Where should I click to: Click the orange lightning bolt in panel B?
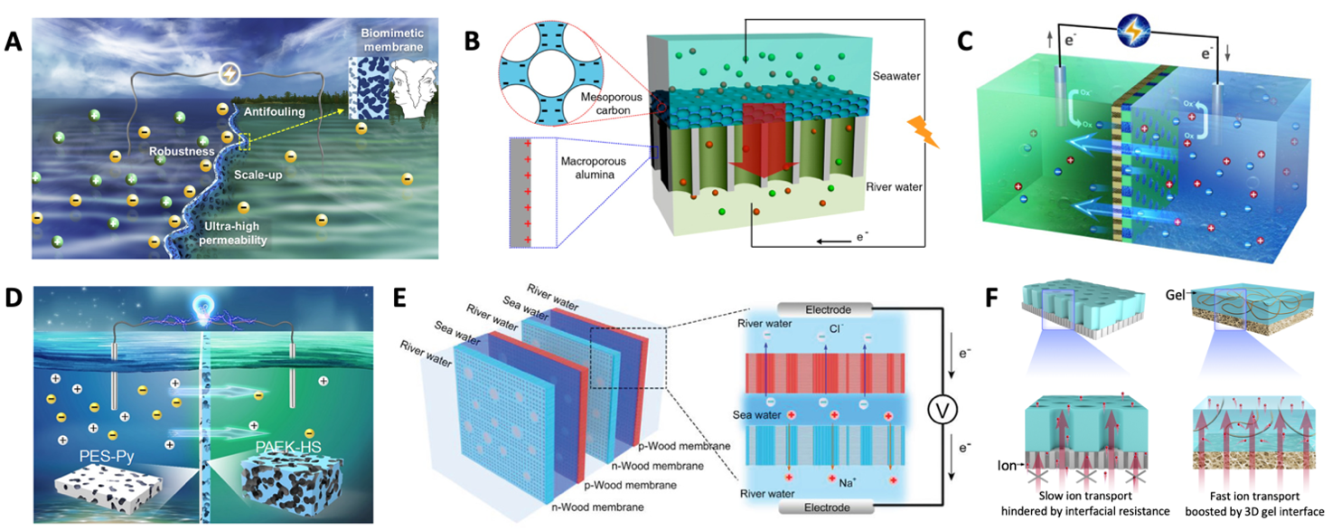click(x=924, y=130)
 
